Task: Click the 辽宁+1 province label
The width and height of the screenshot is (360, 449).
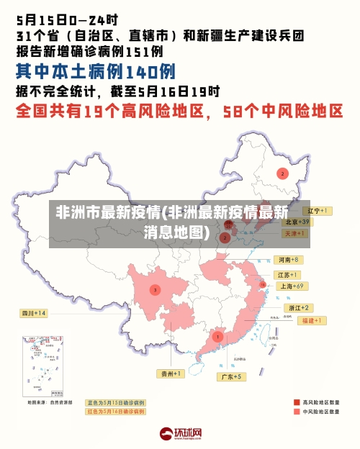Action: tap(316, 211)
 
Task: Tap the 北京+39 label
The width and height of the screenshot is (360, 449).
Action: tap(296, 222)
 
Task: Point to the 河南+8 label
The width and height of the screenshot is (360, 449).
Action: tap(287, 259)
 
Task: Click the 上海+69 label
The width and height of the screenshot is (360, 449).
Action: tap(293, 286)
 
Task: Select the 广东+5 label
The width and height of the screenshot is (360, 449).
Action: tap(231, 376)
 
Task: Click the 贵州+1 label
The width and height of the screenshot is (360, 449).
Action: tap(171, 373)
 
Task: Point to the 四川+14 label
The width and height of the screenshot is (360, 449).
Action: tap(33, 313)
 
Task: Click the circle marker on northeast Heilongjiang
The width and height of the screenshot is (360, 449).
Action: tap(283, 173)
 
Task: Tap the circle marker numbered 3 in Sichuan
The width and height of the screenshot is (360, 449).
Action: tap(154, 290)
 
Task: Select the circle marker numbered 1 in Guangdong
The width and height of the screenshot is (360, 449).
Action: tap(217, 336)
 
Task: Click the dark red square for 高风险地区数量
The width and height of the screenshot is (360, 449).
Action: tap(296, 402)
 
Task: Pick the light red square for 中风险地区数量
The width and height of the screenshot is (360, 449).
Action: tap(296, 412)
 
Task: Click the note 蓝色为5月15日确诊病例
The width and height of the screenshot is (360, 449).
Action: tap(115, 403)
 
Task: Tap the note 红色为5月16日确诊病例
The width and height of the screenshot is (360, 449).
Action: tap(115, 412)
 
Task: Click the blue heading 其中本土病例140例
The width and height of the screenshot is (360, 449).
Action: tap(96, 72)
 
